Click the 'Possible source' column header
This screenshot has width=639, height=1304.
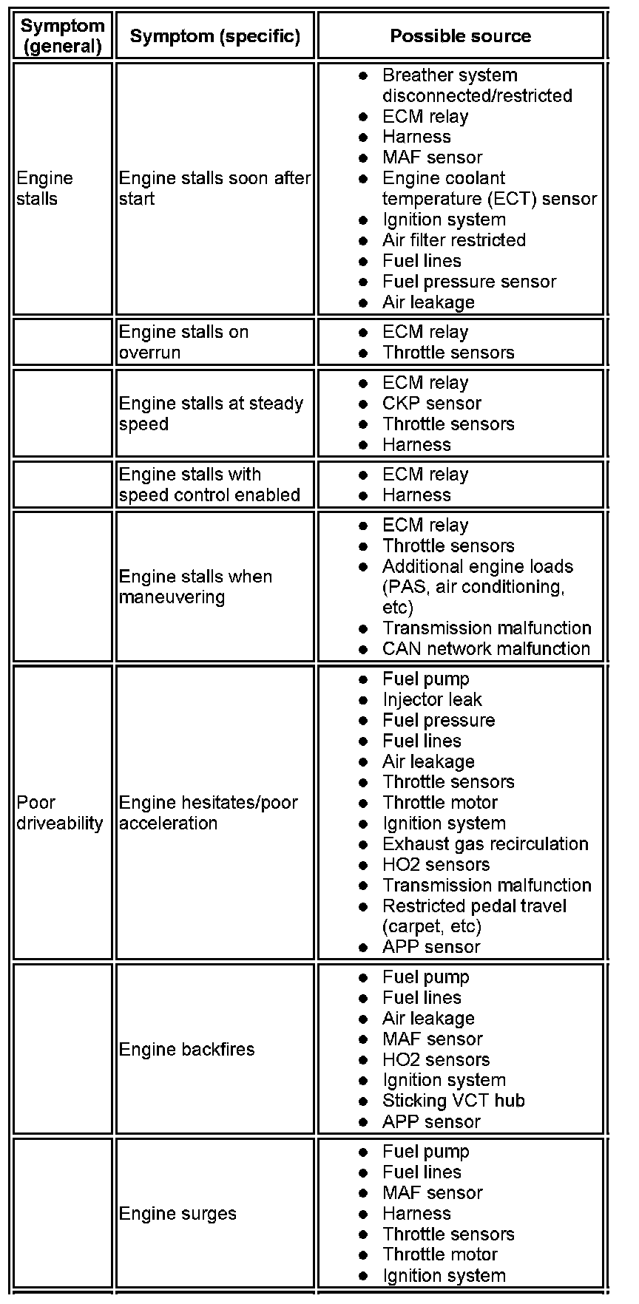460,35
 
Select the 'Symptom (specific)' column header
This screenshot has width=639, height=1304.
214,35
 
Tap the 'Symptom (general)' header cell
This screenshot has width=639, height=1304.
62,35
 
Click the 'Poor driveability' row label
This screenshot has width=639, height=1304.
59,812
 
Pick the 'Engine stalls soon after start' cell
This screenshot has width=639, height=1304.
214,188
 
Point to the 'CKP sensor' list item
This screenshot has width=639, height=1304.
431,403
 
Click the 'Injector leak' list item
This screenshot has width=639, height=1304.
432,699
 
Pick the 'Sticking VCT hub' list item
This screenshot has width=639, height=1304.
453,1101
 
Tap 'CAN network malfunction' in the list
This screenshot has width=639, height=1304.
486,648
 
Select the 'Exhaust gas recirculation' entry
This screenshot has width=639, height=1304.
485,843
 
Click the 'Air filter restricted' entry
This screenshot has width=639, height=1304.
453,240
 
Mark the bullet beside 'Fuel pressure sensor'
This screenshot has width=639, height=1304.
363,282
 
